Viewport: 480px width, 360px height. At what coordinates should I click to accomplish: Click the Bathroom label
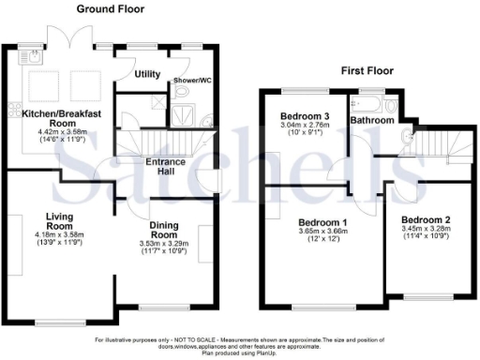tap(371, 121)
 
